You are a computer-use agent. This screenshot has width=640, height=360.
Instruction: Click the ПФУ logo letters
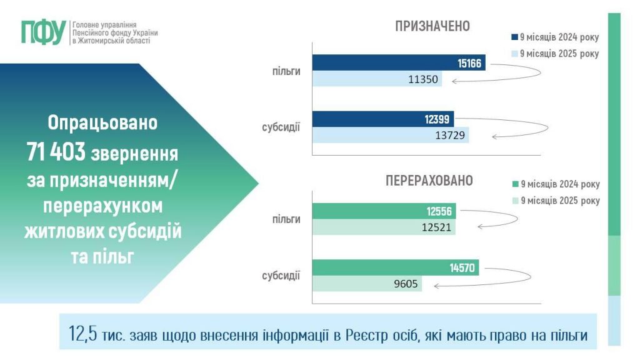[x=43, y=32]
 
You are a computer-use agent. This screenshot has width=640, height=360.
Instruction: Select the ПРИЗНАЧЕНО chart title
[x=432, y=26]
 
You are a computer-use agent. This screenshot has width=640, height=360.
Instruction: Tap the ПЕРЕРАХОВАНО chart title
[x=429, y=181]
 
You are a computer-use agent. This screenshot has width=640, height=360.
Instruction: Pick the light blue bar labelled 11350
[x=377, y=79]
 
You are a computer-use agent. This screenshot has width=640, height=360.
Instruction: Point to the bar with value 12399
[x=383, y=119]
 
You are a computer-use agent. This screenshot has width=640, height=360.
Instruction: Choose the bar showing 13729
[x=390, y=135]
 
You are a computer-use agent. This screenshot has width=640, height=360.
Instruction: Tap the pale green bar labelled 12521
[x=384, y=227]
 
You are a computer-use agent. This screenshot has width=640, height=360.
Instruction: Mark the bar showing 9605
[x=367, y=284]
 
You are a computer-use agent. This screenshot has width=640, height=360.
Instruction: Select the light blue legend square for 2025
[x=514, y=54]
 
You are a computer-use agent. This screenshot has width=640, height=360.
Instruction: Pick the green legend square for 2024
[x=514, y=184]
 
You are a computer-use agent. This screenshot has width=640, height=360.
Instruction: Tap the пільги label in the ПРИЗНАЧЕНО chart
[x=286, y=71]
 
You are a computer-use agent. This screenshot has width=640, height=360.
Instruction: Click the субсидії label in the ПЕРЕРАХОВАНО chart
[x=281, y=275]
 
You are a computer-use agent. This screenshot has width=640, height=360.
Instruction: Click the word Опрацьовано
[x=102, y=122]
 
